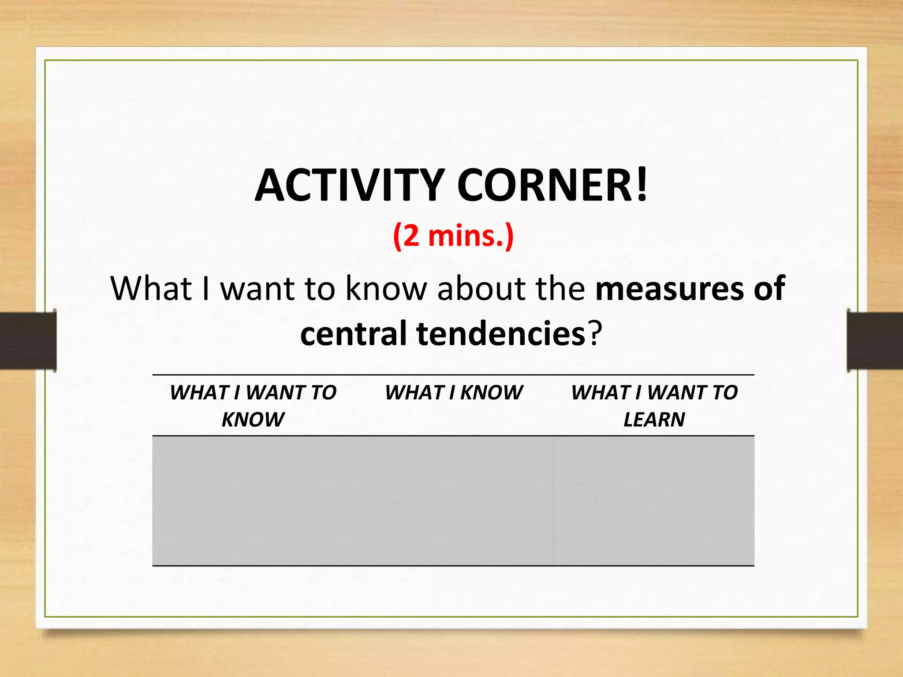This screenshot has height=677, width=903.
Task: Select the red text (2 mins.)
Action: [453, 236]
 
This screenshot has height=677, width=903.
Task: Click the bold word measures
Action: [668, 289]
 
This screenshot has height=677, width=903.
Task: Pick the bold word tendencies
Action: [501, 334]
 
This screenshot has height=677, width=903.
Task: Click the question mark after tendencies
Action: [595, 334]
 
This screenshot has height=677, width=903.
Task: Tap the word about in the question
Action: [481, 289]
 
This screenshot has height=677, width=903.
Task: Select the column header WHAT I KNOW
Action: [454, 392]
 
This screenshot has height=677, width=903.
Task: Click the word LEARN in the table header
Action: [654, 419]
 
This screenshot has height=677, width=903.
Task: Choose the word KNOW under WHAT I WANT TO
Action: [253, 419]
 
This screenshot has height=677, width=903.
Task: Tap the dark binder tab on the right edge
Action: [875, 340]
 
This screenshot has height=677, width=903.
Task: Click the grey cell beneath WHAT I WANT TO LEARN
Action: [654, 501]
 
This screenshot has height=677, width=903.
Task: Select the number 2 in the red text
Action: [411, 236]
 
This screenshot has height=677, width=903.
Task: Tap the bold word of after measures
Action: [769, 289]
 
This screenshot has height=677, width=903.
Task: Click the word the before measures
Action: [560, 289]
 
